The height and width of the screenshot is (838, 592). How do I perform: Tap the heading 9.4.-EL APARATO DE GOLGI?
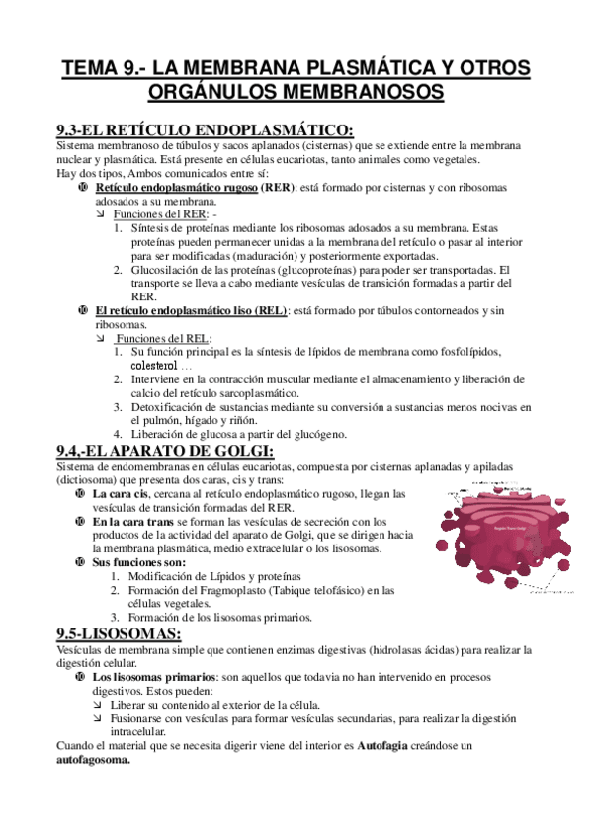166,452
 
